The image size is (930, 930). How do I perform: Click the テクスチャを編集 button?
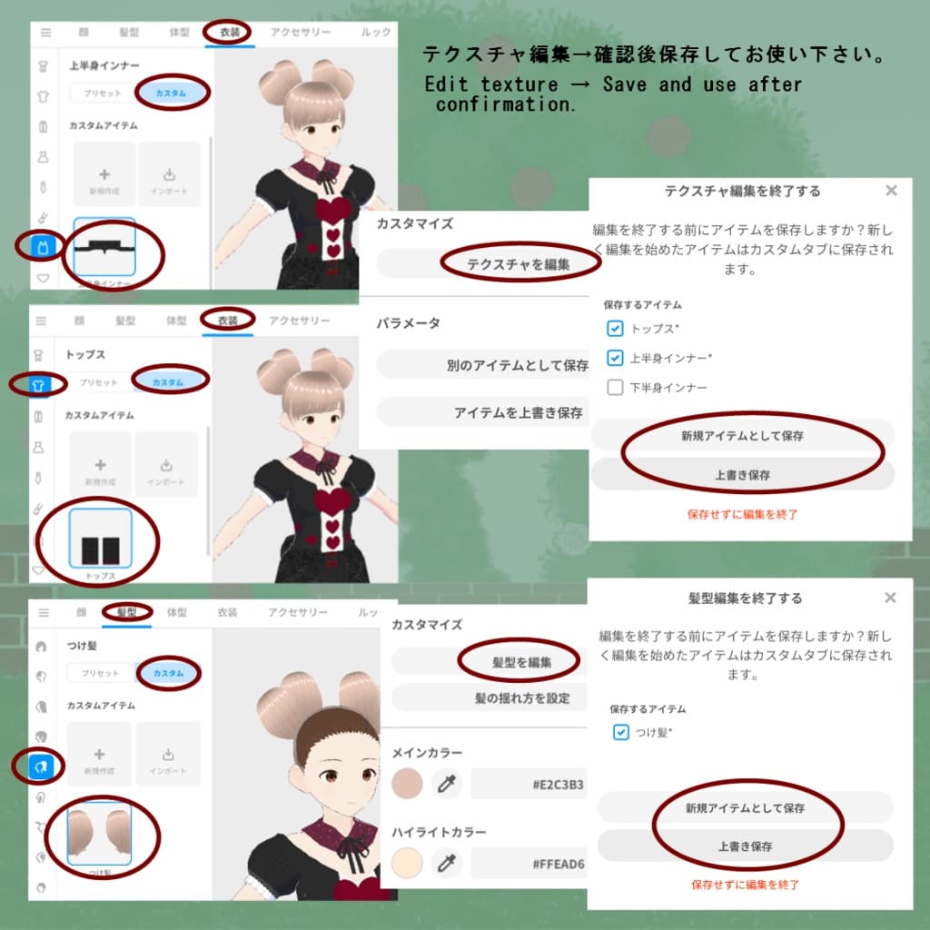tap(518, 264)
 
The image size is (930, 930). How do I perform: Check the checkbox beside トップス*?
tap(615, 329)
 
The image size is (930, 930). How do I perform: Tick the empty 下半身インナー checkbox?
tap(615, 387)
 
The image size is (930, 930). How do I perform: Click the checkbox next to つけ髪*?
tap(620, 732)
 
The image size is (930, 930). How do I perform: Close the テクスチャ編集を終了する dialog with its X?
tap(891, 191)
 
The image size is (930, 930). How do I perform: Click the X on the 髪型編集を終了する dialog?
tap(890, 598)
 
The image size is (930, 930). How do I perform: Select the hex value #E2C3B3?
tap(558, 784)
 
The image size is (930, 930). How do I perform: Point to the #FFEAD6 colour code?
tap(558, 863)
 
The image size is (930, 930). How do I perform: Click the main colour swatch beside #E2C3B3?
tap(407, 783)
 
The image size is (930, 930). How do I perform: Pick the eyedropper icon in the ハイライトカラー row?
tap(445, 863)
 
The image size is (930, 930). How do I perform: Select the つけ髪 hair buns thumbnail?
tap(99, 834)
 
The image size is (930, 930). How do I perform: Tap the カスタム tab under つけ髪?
tap(168, 673)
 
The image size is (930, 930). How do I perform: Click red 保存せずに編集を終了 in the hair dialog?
tap(745, 884)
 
